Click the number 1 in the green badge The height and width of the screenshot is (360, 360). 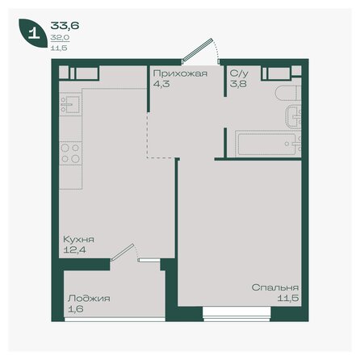point(33,34)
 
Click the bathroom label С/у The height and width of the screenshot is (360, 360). point(237,73)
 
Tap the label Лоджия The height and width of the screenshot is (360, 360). point(89,298)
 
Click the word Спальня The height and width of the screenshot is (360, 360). point(275,287)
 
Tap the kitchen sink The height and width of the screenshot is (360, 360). point(69,106)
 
